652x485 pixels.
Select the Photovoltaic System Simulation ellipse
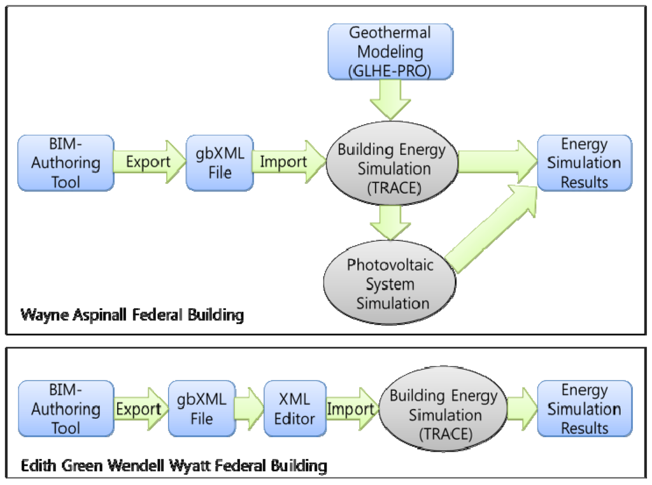click(390, 283)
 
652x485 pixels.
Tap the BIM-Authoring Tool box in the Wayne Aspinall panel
click(66, 163)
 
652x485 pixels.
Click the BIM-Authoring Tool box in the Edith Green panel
click(66, 409)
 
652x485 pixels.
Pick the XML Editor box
click(294, 409)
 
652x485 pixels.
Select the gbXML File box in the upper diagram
click(219, 163)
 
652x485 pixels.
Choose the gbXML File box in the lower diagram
click(201, 409)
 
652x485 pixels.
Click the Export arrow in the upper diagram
click(149, 162)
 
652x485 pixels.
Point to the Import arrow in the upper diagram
click(284, 162)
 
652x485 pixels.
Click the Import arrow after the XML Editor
click(350, 409)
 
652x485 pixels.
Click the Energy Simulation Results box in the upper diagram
click(585, 163)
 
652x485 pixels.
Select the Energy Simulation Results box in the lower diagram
click(585, 409)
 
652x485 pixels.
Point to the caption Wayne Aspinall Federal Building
click(132, 315)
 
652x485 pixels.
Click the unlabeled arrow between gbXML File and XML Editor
click(249, 409)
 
